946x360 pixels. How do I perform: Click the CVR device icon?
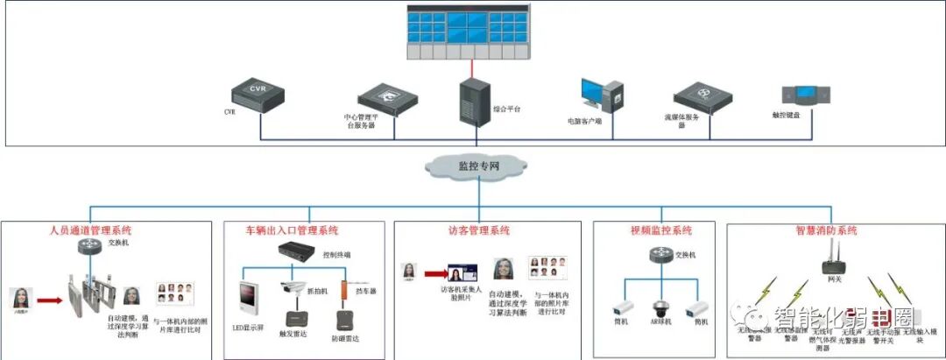click(x=258, y=94)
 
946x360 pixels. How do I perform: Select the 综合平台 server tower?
click(x=475, y=102)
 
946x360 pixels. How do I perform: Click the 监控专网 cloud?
click(x=472, y=165)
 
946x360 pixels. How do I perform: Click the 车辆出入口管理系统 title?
click(x=292, y=231)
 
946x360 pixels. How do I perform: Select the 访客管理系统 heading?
click(x=474, y=231)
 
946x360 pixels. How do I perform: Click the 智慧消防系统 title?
click(x=827, y=231)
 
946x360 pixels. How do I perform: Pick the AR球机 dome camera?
click(x=661, y=308)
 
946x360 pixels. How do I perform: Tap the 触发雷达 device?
click(x=294, y=321)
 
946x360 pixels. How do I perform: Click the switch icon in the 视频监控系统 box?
click(x=661, y=256)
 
